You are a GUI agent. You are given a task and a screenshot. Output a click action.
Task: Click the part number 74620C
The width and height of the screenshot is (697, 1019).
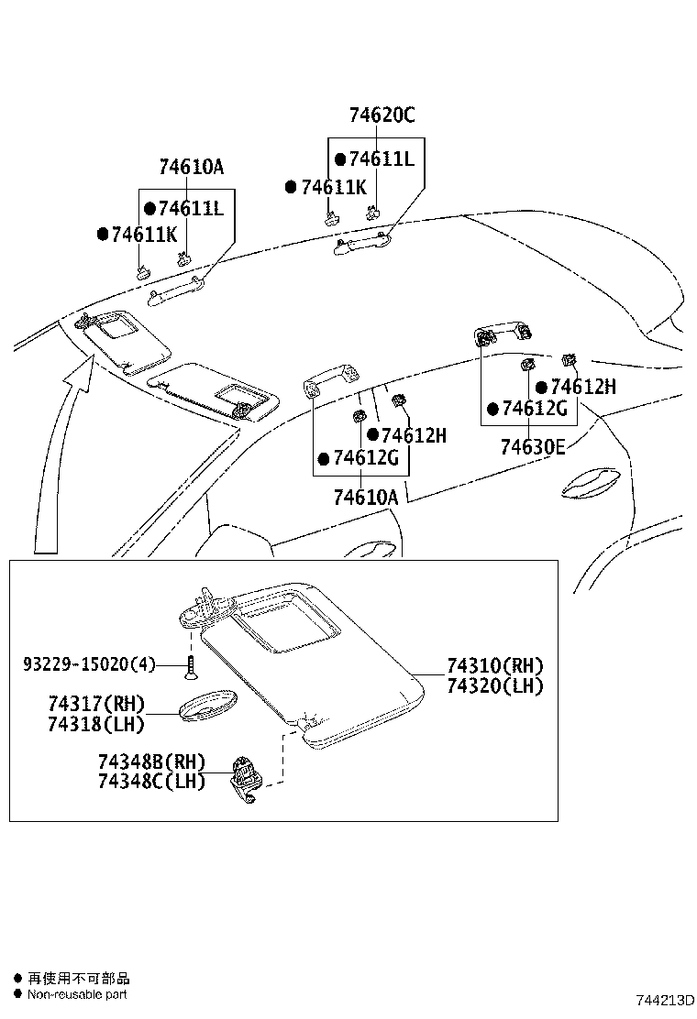382,115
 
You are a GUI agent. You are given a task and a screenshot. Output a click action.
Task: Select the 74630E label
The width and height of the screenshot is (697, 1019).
532,447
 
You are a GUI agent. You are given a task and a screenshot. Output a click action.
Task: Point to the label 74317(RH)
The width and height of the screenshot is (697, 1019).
96,704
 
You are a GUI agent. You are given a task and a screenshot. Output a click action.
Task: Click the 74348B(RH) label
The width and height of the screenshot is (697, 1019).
151,762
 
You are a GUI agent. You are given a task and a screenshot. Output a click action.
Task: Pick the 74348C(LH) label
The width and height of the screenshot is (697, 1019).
151,781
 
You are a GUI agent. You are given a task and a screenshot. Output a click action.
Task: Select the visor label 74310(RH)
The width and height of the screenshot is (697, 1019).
495,666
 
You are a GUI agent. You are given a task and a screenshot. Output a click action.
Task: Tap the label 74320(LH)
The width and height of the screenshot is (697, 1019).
495,685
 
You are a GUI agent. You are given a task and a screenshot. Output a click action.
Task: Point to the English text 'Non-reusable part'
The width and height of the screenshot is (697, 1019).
77,994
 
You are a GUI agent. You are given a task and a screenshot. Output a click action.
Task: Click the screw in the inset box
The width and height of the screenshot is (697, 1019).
191,666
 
